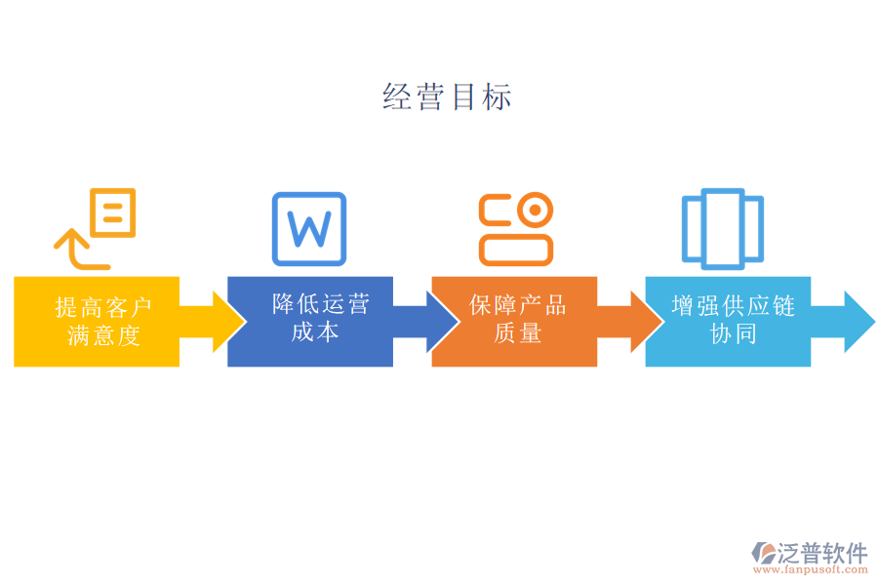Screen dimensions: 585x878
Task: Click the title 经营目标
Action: [447, 97]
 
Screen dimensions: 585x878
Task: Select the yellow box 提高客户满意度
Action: [97, 321]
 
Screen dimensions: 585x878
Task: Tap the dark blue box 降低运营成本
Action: [310, 321]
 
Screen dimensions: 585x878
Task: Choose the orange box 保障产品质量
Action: [514, 321]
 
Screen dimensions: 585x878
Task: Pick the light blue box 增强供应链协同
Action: [728, 321]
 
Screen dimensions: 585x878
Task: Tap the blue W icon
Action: [309, 229]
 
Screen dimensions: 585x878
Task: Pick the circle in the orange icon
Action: [534, 210]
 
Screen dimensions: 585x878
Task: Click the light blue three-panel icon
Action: [722, 228]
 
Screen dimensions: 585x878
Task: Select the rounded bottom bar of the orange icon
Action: [516, 249]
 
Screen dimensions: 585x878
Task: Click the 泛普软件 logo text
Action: [821, 553]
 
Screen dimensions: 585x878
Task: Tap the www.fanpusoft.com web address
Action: [812, 570]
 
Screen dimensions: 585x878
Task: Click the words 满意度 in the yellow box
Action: [104, 335]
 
